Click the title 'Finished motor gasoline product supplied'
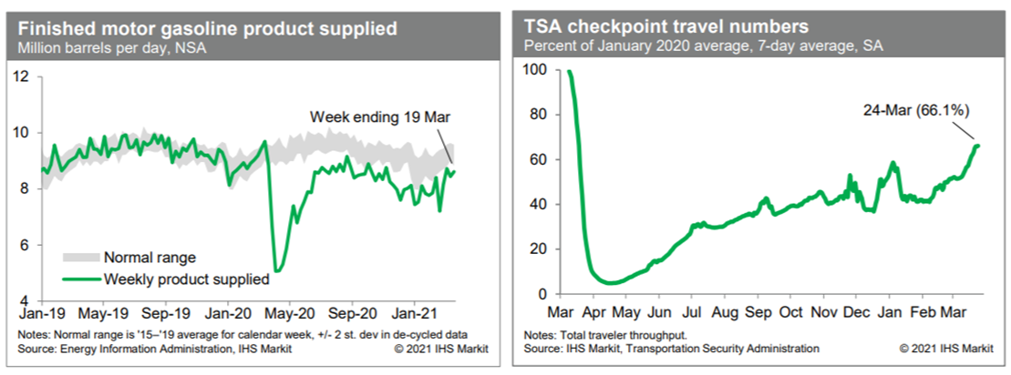point(207,28)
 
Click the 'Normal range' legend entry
point(150,258)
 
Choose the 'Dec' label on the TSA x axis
point(857,309)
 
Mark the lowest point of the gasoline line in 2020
point(276,271)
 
